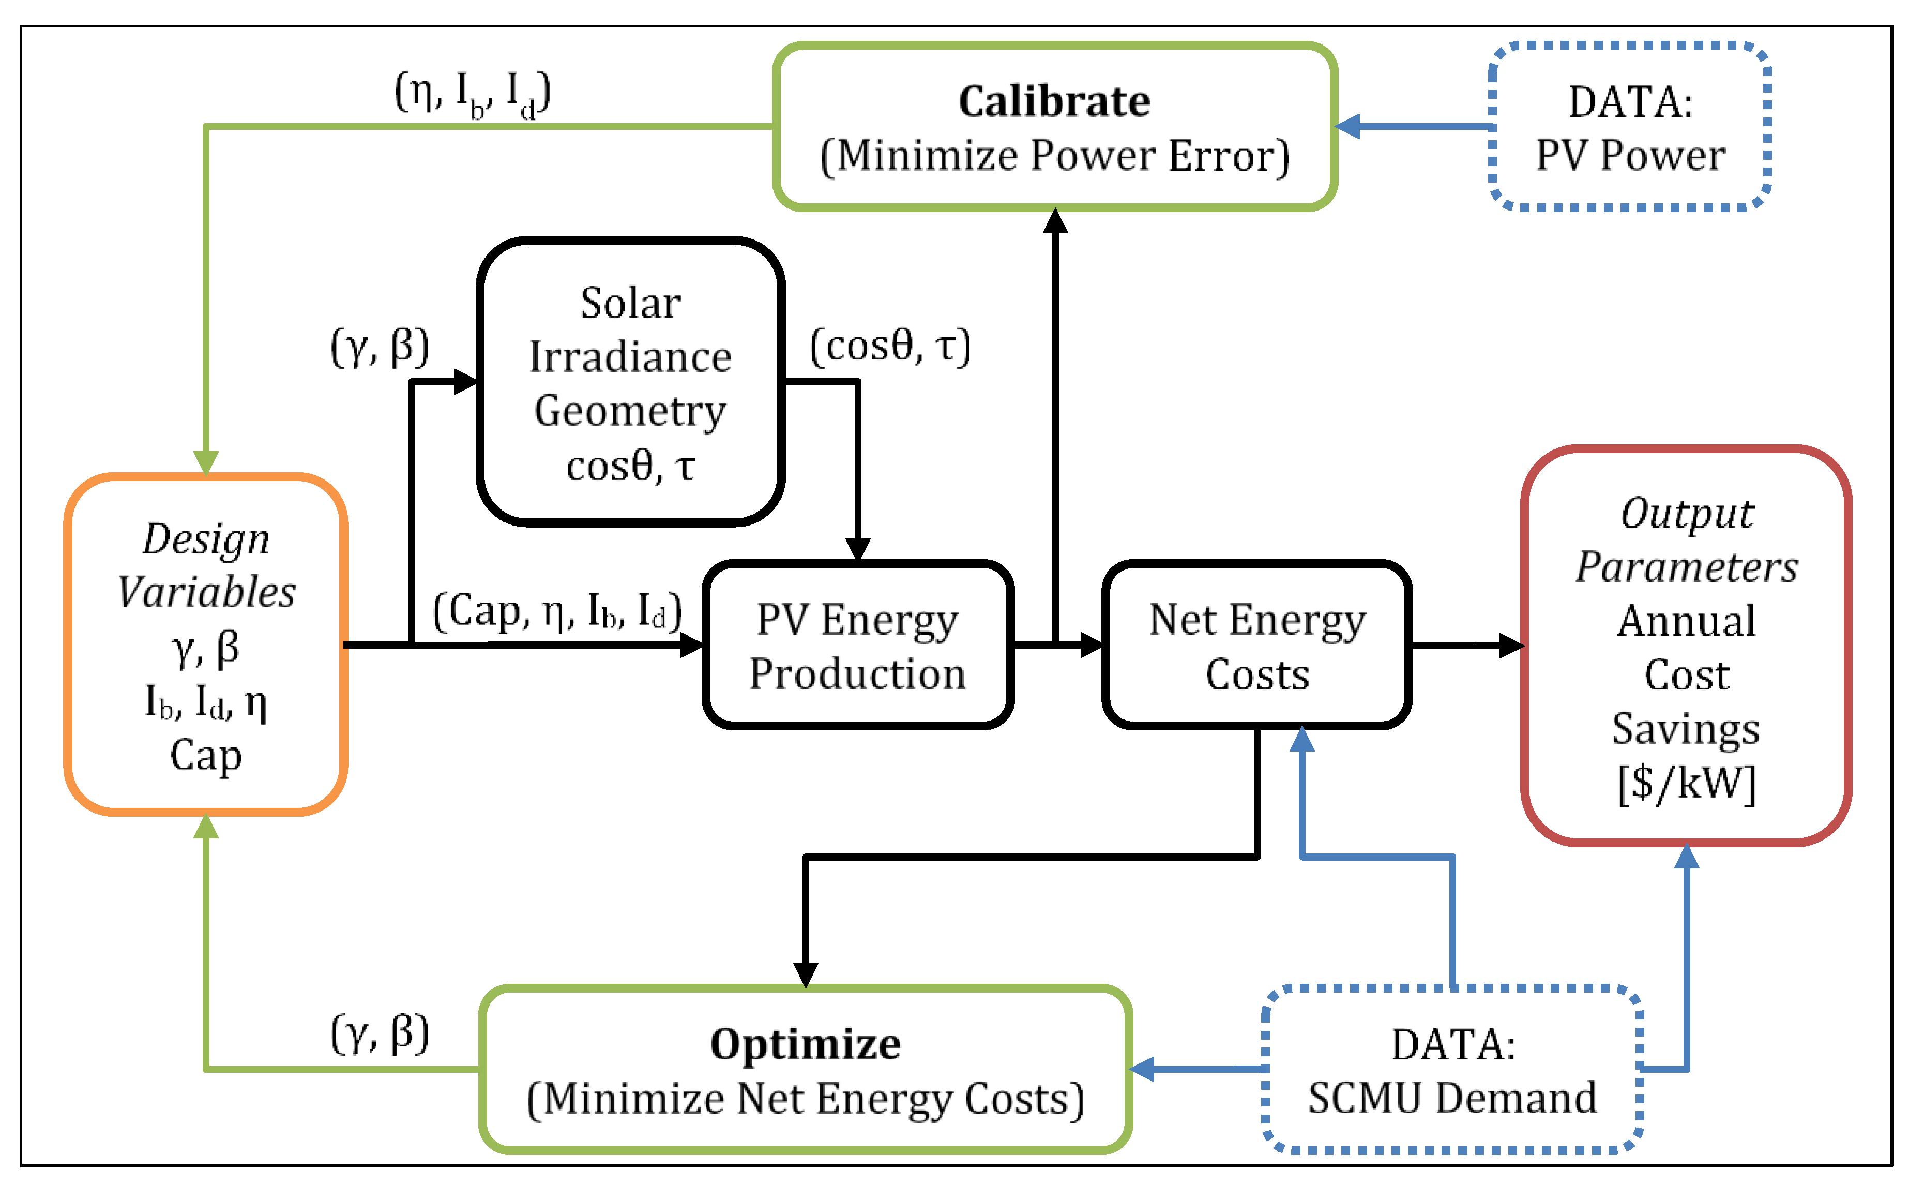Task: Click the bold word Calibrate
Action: point(1054,102)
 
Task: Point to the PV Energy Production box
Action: point(858,646)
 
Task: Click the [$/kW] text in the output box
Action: point(1687,782)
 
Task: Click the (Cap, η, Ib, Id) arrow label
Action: point(557,611)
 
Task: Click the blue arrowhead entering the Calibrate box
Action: point(1347,126)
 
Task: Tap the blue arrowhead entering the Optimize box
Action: point(1142,1069)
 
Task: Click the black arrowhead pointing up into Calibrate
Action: point(1055,221)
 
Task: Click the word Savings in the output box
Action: point(1687,728)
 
